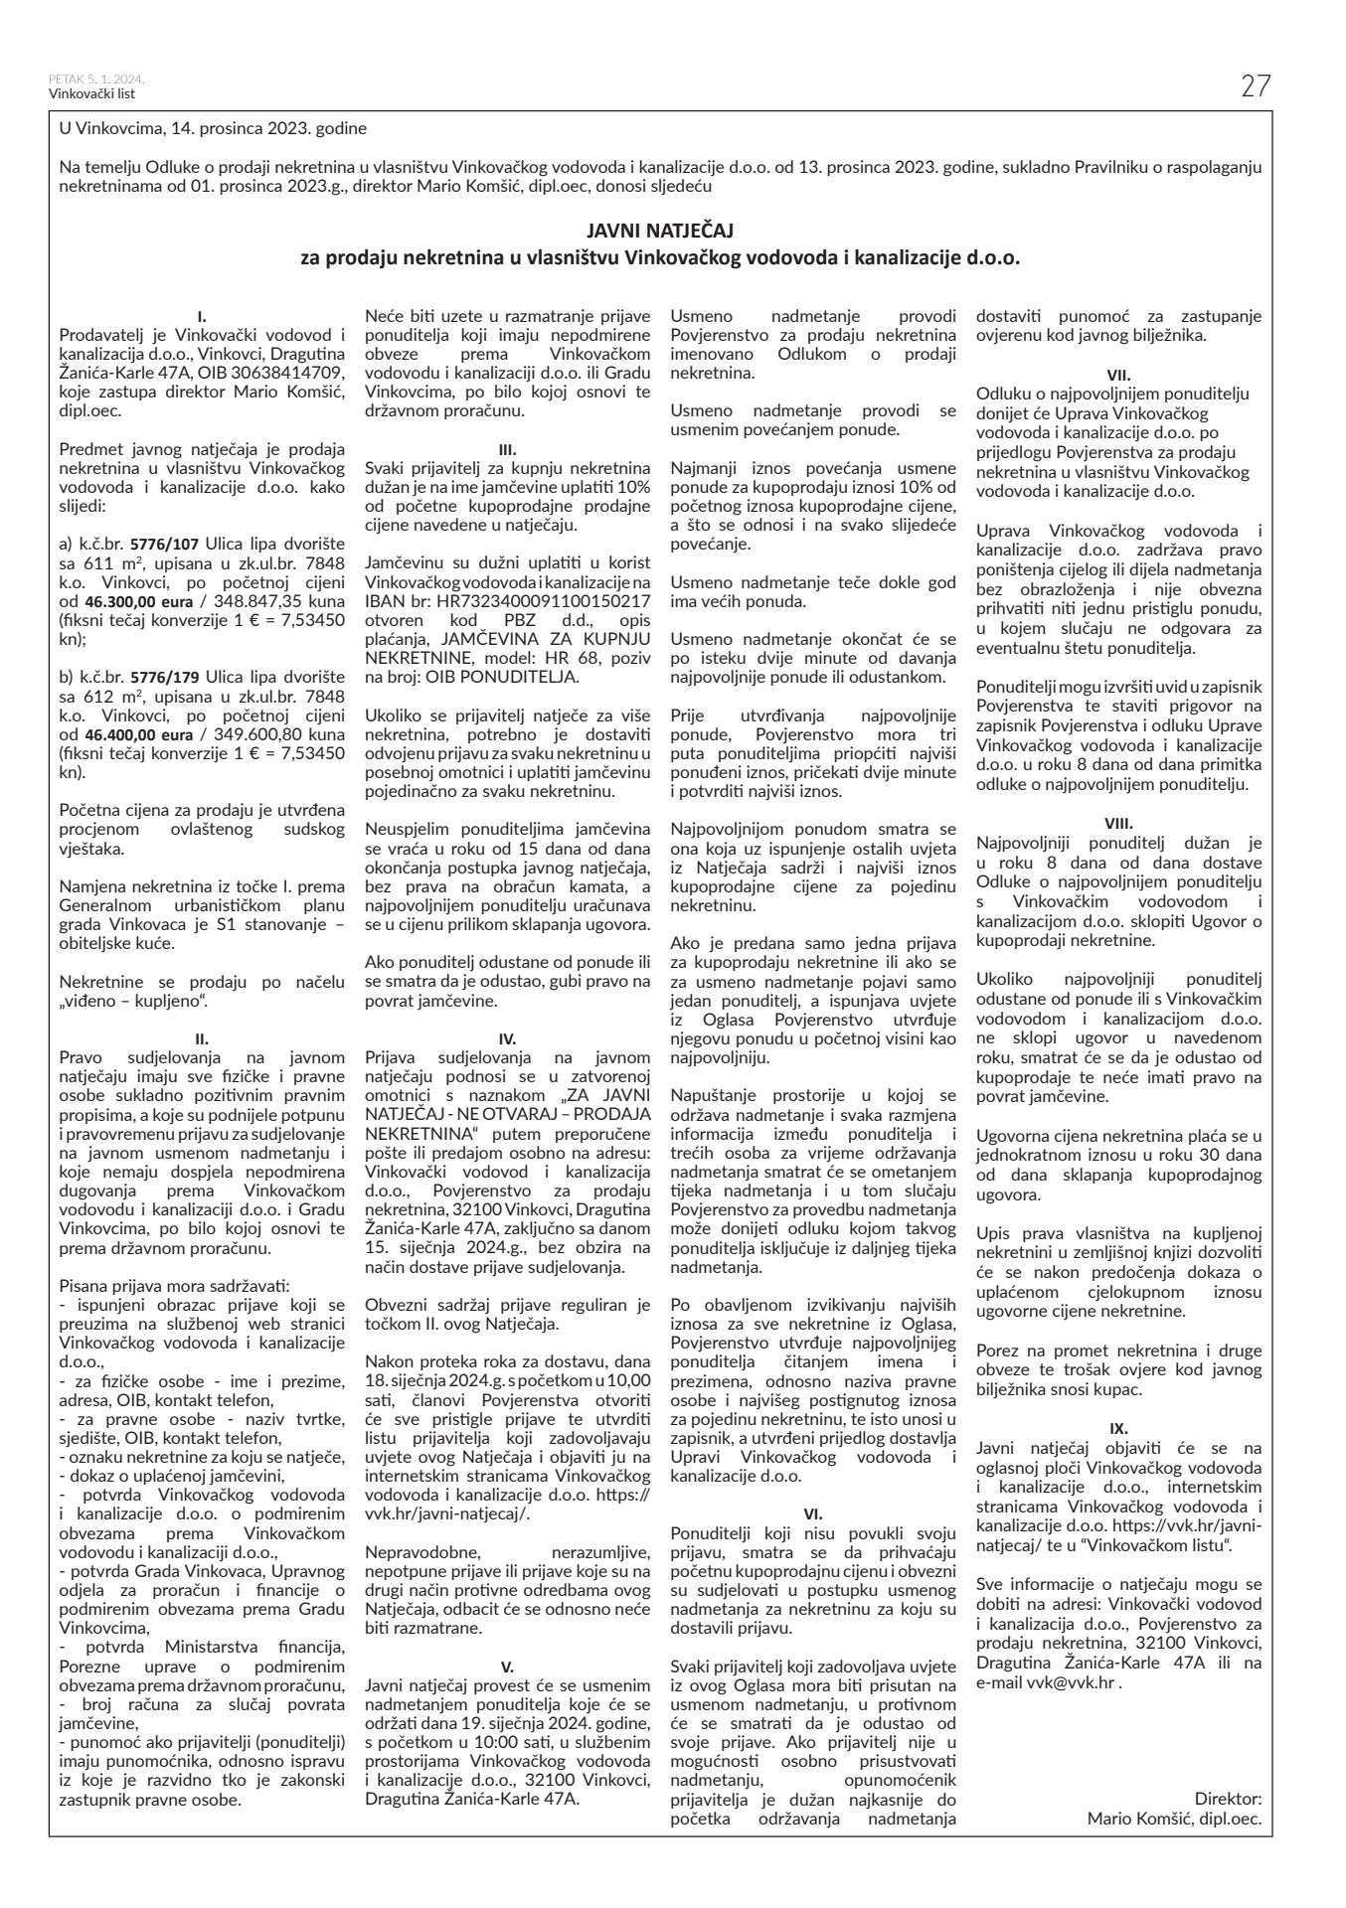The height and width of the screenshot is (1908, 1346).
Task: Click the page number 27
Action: pos(1256,87)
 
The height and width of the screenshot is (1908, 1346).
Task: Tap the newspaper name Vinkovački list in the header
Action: pos(91,94)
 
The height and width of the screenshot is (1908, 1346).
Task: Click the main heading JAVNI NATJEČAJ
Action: pos(659,232)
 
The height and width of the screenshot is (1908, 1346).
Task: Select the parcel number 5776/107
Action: pos(166,544)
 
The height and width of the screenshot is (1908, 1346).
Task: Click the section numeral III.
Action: pos(508,449)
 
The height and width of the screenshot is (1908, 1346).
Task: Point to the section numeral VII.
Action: pos(1119,374)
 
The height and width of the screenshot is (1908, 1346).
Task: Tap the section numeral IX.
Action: pos(1119,1427)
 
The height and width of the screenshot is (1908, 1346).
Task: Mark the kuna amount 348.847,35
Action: pos(254,601)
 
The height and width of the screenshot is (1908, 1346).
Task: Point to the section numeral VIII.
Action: pos(1119,823)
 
